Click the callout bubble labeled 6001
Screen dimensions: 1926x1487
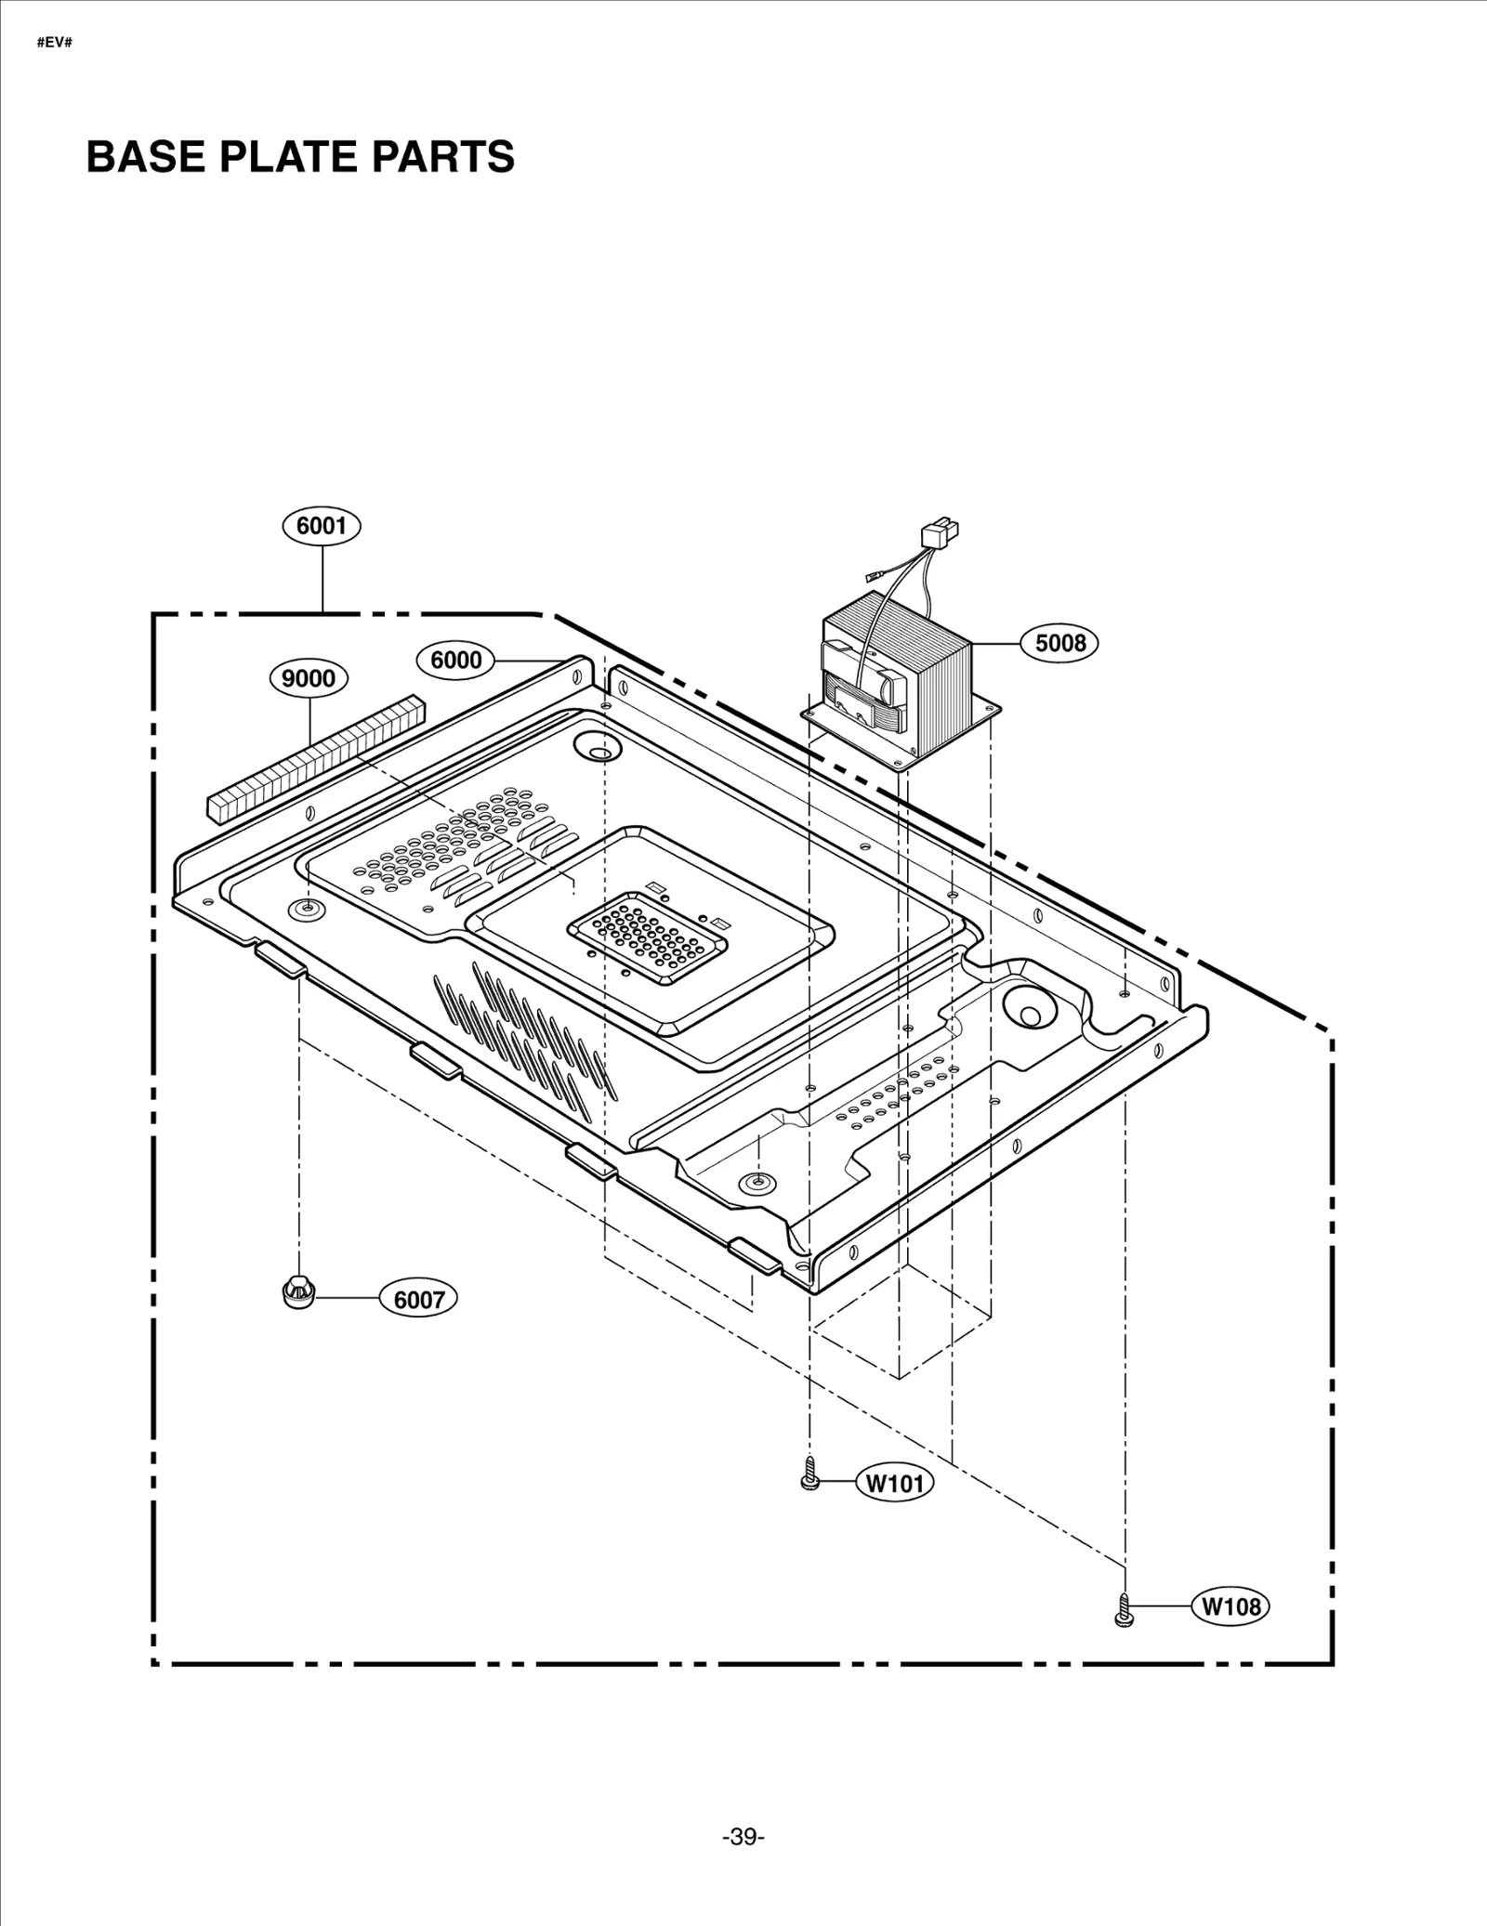coord(322,526)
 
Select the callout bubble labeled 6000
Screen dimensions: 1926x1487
coord(455,661)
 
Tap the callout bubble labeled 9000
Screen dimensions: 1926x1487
coord(309,679)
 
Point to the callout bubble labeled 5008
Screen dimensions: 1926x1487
coord(1059,643)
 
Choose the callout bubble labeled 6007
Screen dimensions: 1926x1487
coord(419,1300)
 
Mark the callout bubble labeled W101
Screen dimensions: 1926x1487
coord(895,1483)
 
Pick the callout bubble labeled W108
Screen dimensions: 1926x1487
coord(1231,1606)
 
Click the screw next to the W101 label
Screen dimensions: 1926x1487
coord(809,1475)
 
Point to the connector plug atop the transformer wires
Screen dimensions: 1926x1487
coord(938,536)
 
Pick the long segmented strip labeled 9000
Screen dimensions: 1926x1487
coord(314,758)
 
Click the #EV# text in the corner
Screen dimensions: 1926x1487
coord(54,44)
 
